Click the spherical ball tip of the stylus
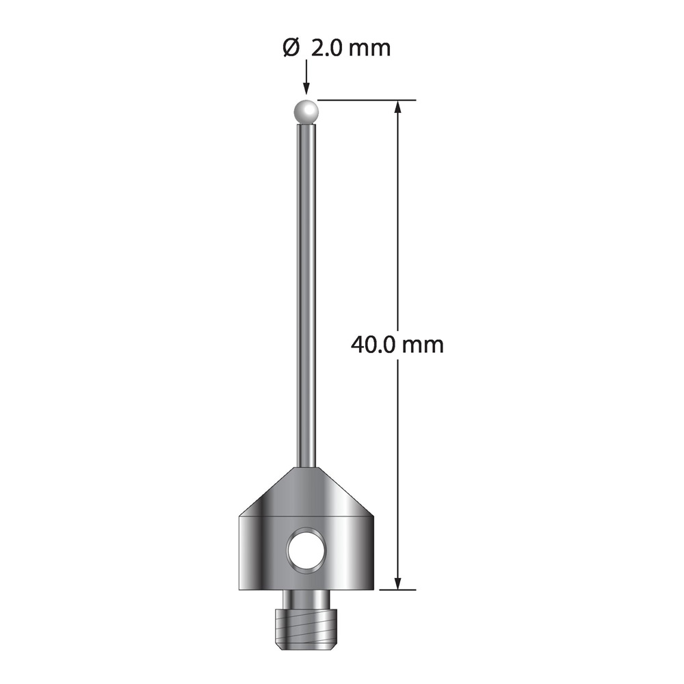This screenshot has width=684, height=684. (x=306, y=112)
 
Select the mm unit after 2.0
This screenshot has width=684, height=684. (x=369, y=50)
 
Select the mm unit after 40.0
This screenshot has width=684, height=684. (x=423, y=346)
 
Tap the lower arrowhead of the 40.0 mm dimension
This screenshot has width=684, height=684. (x=397, y=582)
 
